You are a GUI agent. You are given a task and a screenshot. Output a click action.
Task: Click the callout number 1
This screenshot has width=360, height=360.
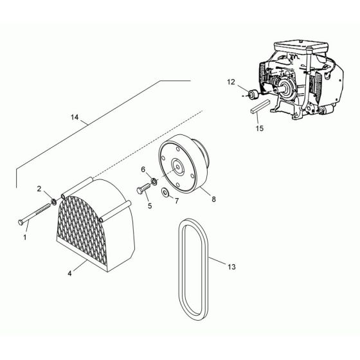26,237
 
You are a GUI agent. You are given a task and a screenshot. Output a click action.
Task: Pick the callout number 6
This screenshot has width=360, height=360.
143,169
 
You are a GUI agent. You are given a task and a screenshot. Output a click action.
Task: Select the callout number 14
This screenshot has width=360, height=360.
76,118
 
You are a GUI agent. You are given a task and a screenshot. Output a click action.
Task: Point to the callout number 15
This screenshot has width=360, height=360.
259,129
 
